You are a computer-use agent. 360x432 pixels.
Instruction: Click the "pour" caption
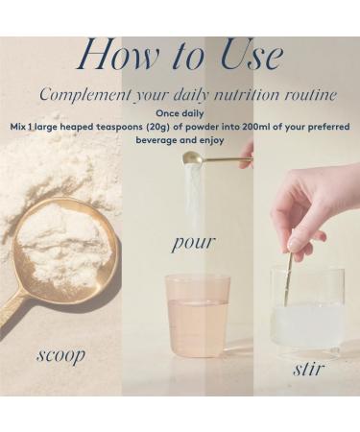point(192,242)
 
